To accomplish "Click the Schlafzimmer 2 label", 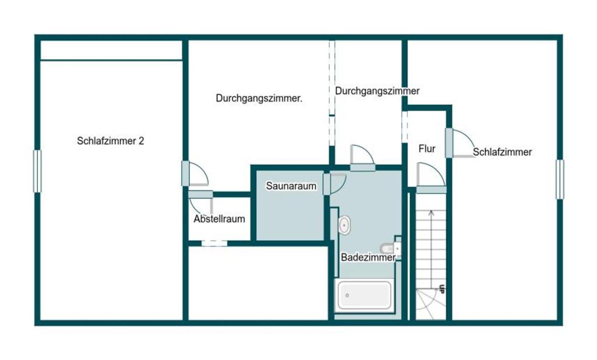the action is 110,141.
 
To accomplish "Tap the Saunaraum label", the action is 292,186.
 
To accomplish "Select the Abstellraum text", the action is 219,219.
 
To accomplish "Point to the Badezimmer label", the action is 368,257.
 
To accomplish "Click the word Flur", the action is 427,149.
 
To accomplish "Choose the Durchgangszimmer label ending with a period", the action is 259,98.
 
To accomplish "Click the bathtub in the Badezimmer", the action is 364,295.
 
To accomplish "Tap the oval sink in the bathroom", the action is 345,225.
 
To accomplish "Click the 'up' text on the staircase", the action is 442,289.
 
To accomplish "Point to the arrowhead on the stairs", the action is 431,213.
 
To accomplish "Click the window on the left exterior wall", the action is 37,171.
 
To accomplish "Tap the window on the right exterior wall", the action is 560,179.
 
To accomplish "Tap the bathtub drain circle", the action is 347,295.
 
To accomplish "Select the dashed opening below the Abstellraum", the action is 215,243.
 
